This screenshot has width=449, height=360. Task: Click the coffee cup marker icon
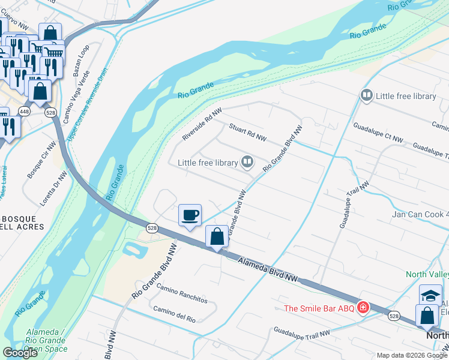click(x=190, y=215)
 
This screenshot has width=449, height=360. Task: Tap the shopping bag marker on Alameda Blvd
click(x=217, y=236)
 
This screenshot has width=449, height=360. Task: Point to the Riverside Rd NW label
click(x=202, y=124)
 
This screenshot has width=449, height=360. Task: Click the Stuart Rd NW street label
click(x=247, y=133)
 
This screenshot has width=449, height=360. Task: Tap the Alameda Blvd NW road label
click(x=268, y=269)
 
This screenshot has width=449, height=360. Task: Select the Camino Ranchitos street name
click(x=181, y=292)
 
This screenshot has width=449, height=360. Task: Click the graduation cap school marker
click(x=430, y=295)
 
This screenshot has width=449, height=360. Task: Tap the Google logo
click(x=20, y=353)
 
